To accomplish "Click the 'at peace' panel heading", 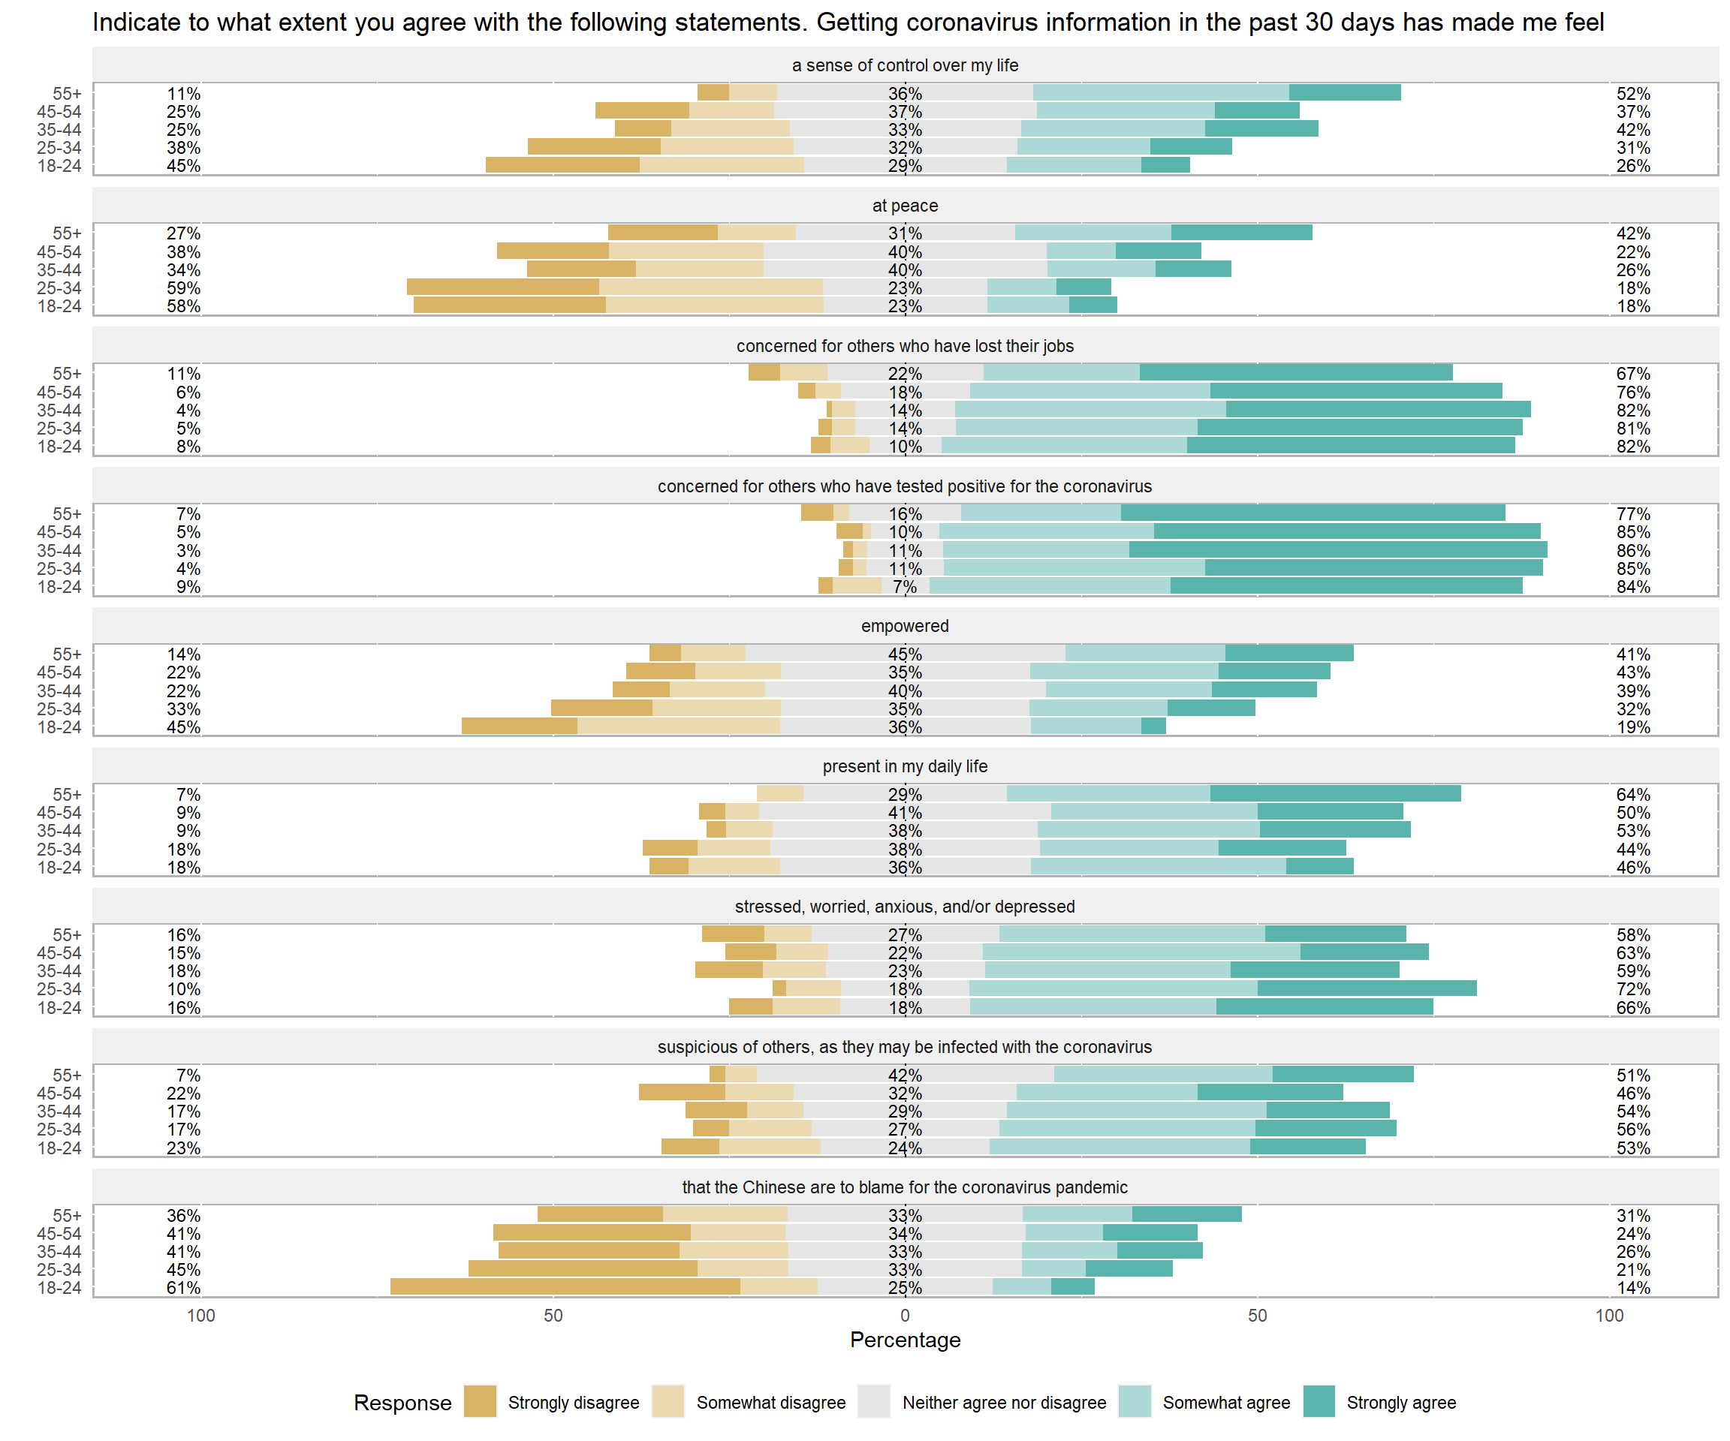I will pos(905,206).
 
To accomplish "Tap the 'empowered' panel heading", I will pos(905,626).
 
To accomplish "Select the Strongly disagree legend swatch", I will pos(481,1401).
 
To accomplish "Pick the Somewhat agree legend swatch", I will pos(1135,1401).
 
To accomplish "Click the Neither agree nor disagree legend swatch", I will pos(874,1401).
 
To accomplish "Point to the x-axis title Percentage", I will pos(905,1340).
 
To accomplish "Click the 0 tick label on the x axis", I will pos(905,1315).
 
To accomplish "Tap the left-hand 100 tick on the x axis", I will pos(201,1315).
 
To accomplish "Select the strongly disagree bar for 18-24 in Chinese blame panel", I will pos(565,1286).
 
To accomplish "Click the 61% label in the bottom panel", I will pos(183,1288).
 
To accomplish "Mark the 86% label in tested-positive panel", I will pos(1633,551).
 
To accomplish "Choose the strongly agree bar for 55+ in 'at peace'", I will pos(1241,233).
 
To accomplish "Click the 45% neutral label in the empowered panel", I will pos(905,654).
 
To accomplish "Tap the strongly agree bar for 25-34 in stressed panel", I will pos(1367,988).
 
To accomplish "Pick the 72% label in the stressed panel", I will pos(1633,989).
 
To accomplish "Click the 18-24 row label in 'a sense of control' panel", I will pos(59,166).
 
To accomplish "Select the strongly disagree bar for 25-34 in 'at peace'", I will pos(502,287).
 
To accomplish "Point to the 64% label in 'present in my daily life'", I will pos(1633,795).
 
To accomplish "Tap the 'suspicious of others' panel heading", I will pos(905,1046).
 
